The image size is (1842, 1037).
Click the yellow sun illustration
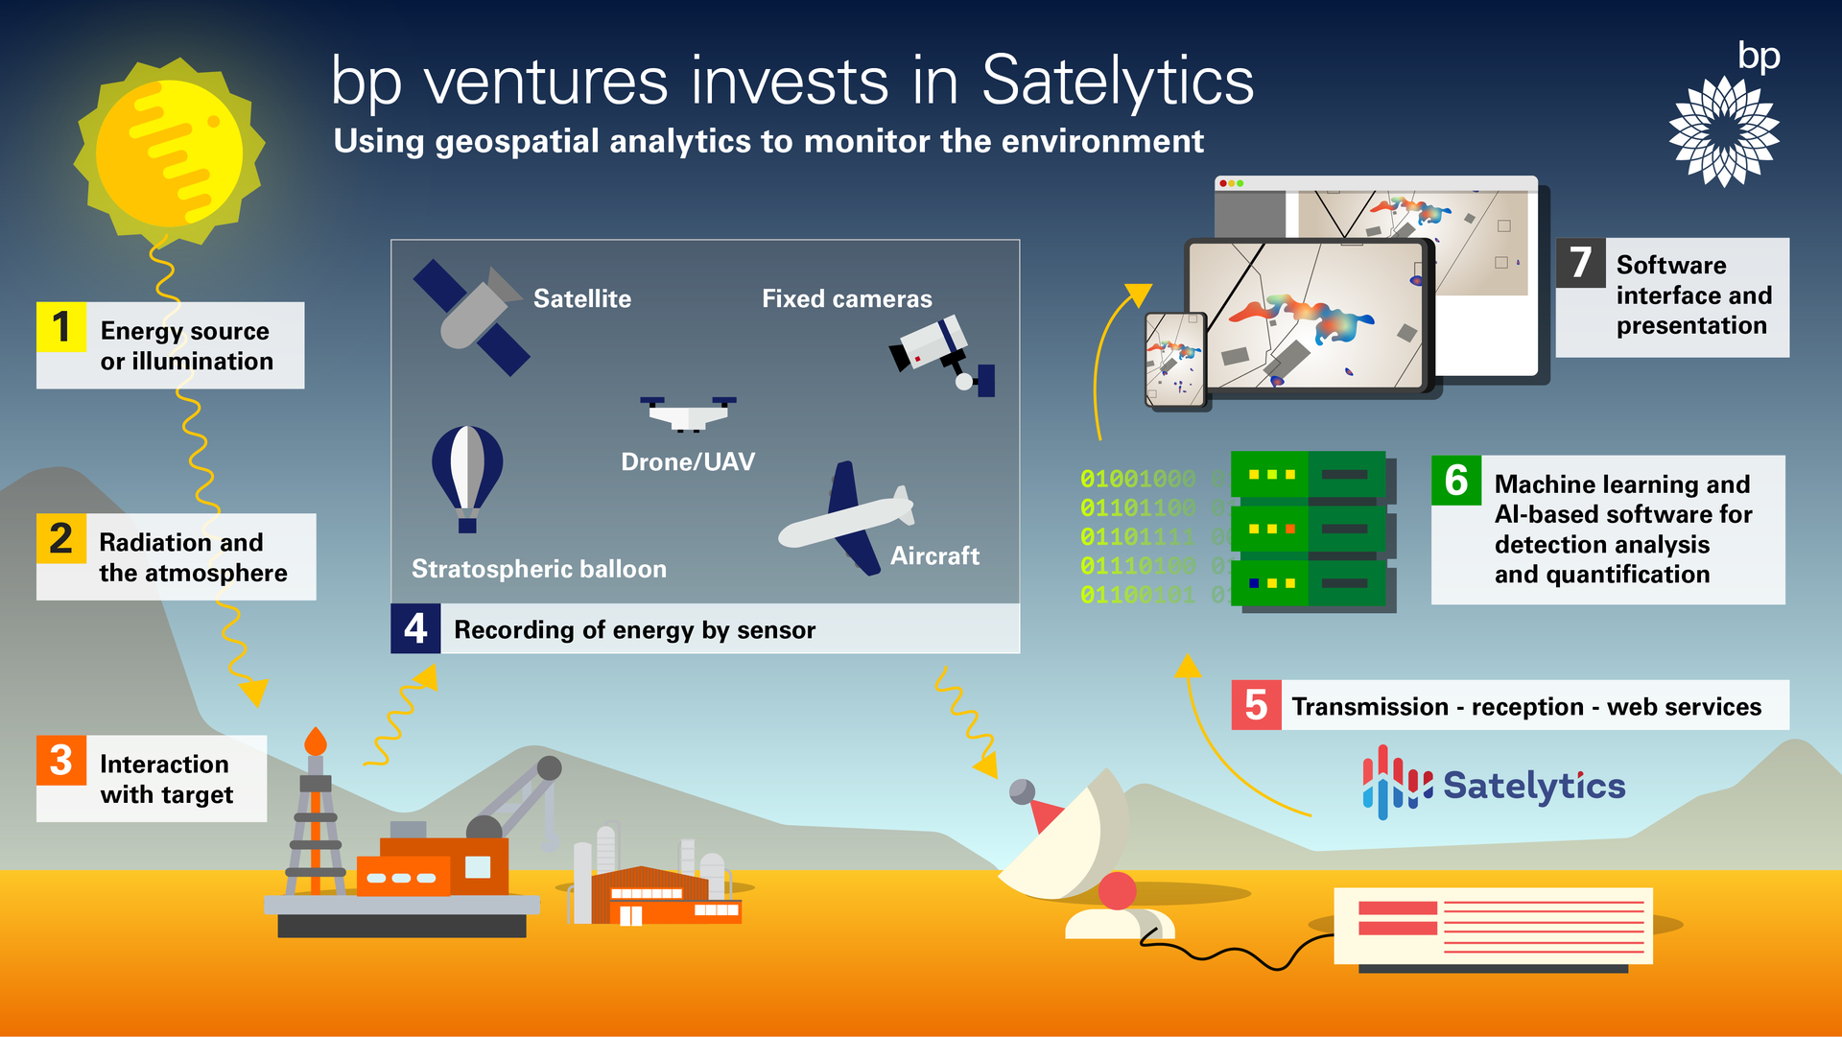pyautogui.click(x=170, y=152)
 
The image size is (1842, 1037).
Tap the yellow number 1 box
pyautogui.click(x=61, y=327)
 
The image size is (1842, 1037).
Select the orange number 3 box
pyautogui.click(x=61, y=761)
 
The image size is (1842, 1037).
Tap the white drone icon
pyautogui.click(x=688, y=413)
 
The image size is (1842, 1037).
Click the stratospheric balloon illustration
pyautogui.click(x=467, y=475)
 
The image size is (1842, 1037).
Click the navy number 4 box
pyautogui.click(x=415, y=628)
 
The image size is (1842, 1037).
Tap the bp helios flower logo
pyautogui.click(x=1724, y=131)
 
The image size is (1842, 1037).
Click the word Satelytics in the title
pyautogui.click(x=1118, y=82)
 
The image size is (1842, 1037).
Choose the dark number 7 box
pyautogui.click(x=1580, y=263)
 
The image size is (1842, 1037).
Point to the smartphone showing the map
pyautogui.click(x=1176, y=361)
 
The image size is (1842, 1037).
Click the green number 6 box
pyautogui.click(x=1455, y=481)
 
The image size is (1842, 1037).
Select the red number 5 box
pyautogui.click(x=1256, y=705)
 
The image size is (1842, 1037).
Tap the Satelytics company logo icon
pyautogui.click(x=1396, y=782)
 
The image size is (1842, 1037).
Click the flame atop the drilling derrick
pyautogui.click(x=316, y=741)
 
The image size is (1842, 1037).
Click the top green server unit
pyautogui.click(x=1309, y=475)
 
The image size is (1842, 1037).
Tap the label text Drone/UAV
pyautogui.click(x=688, y=462)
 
